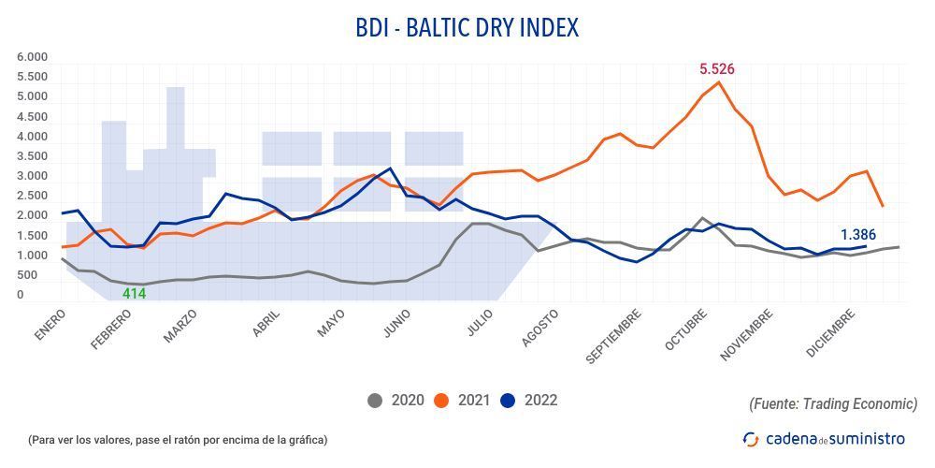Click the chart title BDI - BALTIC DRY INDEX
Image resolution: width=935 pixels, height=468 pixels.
click(467, 27)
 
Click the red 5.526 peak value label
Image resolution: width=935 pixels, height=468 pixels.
click(718, 69)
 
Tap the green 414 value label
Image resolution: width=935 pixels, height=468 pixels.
click(136, 294)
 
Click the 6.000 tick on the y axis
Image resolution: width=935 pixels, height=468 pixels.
click(32, 57)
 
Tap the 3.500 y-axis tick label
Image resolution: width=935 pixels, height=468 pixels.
click(32, 156)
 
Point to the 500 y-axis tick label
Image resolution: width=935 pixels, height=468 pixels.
click(27, 275)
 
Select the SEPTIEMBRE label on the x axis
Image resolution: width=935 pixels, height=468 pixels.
click(614, 335)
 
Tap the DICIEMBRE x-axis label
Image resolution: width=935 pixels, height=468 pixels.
click(830, 332)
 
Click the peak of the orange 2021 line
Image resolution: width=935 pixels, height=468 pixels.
click(718, 82)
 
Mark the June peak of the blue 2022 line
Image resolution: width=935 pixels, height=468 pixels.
click(390, 168)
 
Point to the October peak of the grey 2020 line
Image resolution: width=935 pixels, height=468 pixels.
click(702, 218)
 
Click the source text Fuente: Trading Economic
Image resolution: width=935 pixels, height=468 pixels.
click(832, 403)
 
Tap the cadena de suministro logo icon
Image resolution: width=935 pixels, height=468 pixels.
click(751, 438)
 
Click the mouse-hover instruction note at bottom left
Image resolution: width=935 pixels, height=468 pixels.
click(178, 439)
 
